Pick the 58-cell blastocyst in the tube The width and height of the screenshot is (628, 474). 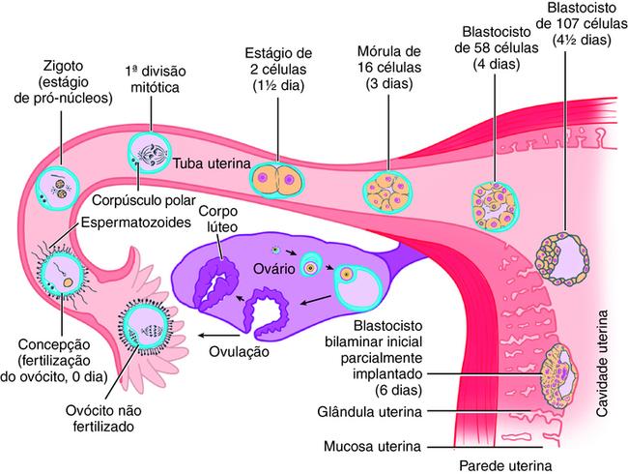pyautogui.click(x=492, y=200)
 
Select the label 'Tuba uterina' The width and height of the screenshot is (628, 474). pyautogui.click(x=213, y=163)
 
